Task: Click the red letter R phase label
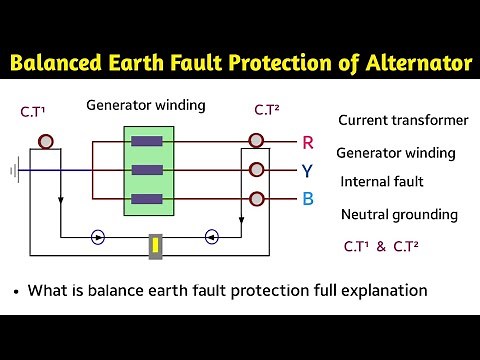308,142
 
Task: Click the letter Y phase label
308,170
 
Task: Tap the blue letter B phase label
308,198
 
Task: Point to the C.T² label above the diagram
267,109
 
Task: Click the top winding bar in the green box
149,143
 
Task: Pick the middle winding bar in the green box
149,171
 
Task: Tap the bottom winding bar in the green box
149,198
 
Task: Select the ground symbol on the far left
15,171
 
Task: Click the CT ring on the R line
257,141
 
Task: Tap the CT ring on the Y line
257,170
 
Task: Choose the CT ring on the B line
257,198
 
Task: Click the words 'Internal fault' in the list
382,182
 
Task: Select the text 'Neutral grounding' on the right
399,214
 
